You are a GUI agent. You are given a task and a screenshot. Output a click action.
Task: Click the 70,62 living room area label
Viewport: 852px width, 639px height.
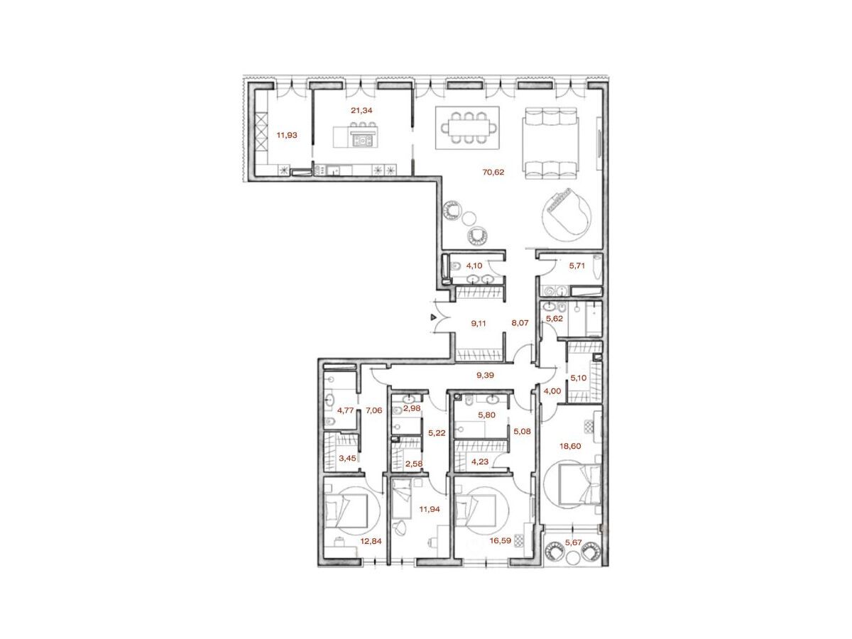493,172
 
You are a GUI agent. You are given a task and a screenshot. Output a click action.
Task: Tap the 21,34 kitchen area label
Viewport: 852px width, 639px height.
361,111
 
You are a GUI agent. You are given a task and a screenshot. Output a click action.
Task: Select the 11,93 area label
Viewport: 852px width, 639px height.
286,136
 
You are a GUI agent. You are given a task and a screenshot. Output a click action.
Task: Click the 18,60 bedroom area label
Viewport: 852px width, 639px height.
570,446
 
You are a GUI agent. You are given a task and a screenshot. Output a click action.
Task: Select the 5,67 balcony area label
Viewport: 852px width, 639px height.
573,542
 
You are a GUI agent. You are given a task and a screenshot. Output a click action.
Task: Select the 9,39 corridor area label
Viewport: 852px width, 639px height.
485,375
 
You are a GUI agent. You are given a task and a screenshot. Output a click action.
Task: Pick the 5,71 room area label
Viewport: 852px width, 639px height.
577,266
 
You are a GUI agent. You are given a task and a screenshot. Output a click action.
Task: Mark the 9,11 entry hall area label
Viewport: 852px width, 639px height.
479,323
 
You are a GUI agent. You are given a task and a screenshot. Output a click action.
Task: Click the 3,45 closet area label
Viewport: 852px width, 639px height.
347,458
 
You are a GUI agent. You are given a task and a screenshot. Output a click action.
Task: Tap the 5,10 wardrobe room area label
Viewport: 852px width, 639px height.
578,378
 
